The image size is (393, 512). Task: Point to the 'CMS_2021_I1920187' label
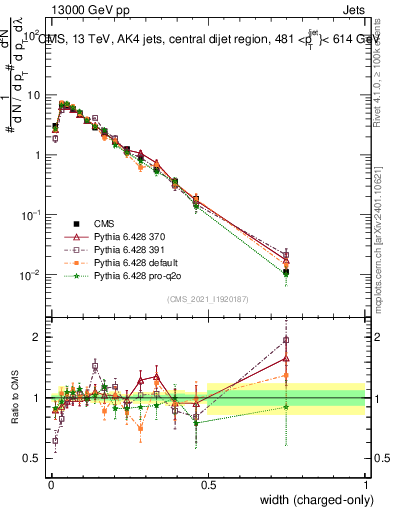pos(208,299)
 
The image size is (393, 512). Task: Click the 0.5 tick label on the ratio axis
pos(31,459)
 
